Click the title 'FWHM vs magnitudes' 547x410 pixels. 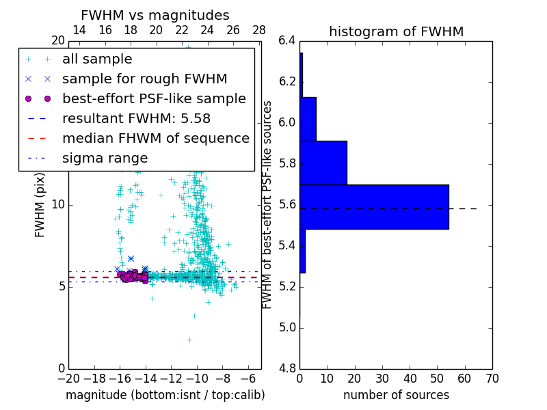click(155, 16)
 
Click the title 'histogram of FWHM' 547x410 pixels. click(397, 31)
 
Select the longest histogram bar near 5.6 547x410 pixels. click(374, 206)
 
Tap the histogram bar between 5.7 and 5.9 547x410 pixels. click(323, 163)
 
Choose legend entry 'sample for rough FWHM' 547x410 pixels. click(144, 79)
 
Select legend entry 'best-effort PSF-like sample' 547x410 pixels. click(154, 98)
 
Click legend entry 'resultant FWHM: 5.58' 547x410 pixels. click(136, 118)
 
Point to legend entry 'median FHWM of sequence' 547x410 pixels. click(155, 138)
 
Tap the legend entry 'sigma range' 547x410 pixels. click(105, 158)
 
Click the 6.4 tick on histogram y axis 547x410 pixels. click(287, 41)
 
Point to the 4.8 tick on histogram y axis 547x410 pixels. click(287, 368)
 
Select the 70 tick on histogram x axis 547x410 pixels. click(492, 378)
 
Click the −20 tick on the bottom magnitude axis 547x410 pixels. click(68, 378)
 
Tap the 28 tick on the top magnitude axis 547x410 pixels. click(259, 30)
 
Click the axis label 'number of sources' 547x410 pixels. click(396, 395)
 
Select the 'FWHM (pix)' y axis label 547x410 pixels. click(40, 204)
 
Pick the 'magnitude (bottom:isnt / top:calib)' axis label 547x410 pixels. click(165, 395)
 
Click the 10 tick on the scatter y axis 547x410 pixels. click(57, 205)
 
